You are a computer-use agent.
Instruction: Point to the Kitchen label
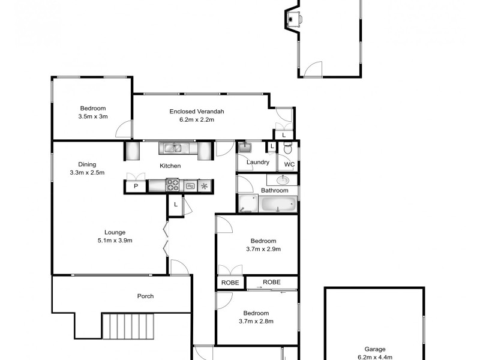coord(170,166)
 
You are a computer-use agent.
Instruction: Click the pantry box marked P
coord(136,187)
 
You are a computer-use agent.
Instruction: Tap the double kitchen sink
coord(174,148)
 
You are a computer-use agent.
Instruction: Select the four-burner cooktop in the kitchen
coord(172,186)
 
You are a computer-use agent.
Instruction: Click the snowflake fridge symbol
coord(205,186)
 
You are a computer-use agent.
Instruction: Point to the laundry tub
coord(244,147)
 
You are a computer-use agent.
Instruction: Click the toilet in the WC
coord(287,148)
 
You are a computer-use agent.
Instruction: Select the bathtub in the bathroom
coord(278,204)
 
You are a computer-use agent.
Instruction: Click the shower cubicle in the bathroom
coord(246,204)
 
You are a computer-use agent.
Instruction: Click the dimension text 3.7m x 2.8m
coord(256,322)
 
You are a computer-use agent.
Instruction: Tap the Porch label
coord(145,296)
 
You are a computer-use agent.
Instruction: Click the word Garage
coord(375,349)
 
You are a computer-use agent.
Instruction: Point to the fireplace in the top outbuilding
coord(292,19)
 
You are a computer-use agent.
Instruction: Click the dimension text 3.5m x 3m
coord(92,116)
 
